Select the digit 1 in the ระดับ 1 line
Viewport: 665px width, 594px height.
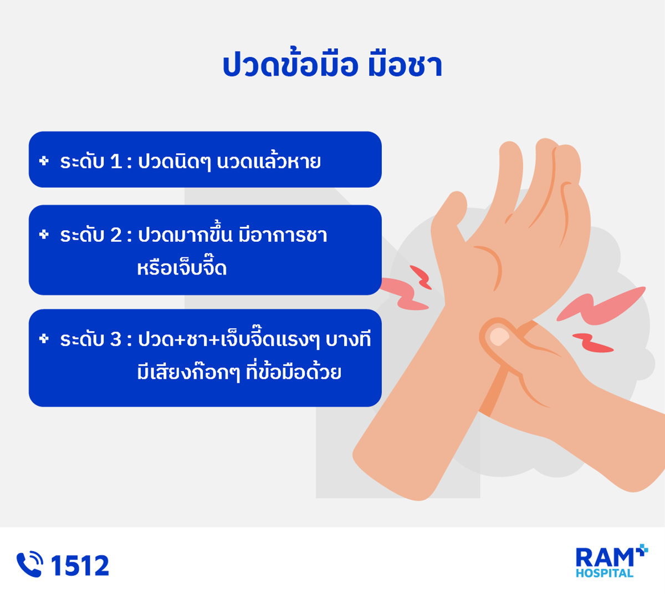pyautogui.click(x=116, y=162)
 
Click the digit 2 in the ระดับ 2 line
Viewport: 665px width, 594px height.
pyautogui.click(x=116, y=235)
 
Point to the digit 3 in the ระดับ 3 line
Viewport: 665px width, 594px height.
pyautogui.click(x=116, y=339)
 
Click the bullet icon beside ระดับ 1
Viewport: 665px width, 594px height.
pyautogui.click(x=44, y=161)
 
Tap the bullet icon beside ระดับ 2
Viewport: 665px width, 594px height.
pyautogui.click(x=44, y=234)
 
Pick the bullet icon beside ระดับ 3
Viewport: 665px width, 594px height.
pyautogui.click(x=44, y=338)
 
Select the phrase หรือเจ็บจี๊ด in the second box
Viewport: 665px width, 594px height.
pyautogui.click(x=182, y=267)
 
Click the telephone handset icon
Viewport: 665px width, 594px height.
pyautogui.click(x=29, y=564)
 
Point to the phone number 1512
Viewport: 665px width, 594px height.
pyautogui.click(x=80, y=565)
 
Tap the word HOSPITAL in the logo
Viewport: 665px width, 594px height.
pyautogui.click(x=605, y=573)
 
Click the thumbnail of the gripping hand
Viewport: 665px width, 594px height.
pyautogui.click(x=499, y=337)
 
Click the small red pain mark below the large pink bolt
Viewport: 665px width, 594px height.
pyautogui.click(x=593, y=343)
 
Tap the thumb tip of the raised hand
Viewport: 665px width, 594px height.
pyautogui.click(x=457, y=200)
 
